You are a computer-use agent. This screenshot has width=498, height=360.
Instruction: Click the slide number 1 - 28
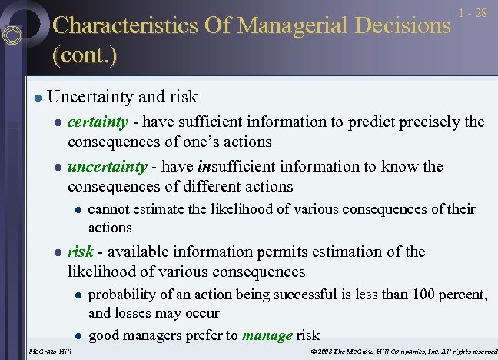coord(472,14)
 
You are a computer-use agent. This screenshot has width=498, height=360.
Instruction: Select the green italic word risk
coord(81,252)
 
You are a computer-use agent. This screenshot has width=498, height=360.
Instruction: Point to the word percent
coord(463,295)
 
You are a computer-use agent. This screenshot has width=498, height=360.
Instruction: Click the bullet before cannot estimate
coord(77,209)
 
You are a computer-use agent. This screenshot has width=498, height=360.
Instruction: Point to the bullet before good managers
coord(77,335)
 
